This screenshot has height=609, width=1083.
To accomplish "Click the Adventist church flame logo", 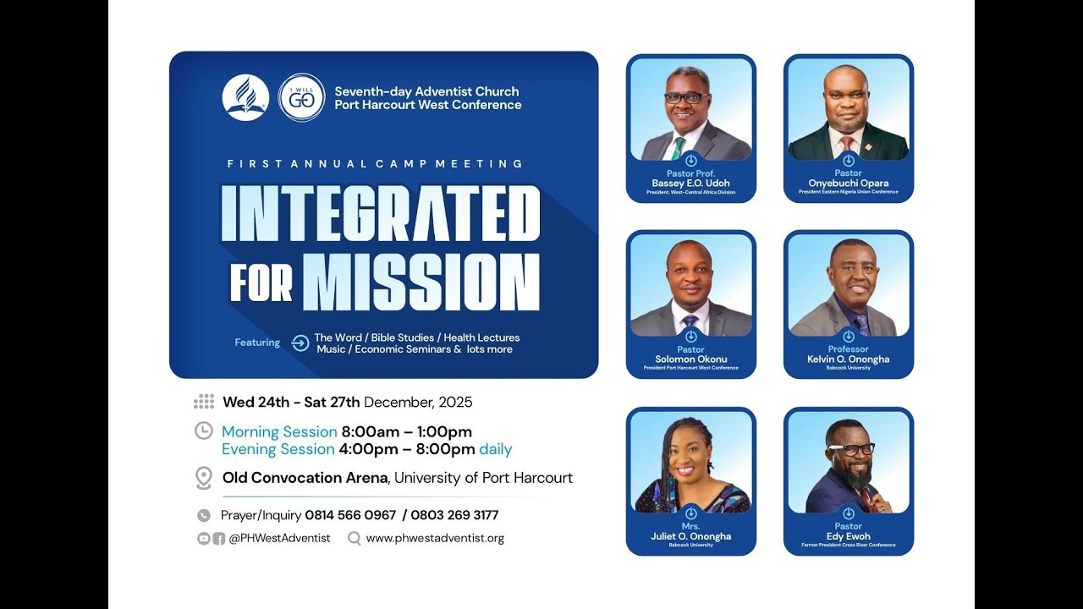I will [245, 98].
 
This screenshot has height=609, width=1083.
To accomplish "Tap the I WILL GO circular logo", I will [301, 98].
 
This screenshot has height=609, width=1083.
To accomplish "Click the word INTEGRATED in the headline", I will [380, 214].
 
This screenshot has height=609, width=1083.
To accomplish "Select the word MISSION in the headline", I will [421, 283].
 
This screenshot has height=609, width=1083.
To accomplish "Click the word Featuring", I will [257, 343].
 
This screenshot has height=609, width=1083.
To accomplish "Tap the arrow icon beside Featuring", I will [300, 343].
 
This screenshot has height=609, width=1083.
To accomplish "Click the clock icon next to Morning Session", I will [203, 431].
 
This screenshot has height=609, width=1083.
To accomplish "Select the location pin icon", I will [203, 478].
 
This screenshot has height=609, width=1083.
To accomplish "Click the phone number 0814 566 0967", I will [350, 515].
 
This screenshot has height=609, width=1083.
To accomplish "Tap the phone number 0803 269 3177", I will [454, 515].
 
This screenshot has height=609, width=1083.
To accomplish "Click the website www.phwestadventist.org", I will [435, 538].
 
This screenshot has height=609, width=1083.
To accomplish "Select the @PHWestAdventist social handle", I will [279, 538].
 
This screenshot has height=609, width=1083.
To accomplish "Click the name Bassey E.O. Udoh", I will [690, 184].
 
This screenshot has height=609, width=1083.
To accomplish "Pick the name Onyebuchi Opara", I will [848, 184].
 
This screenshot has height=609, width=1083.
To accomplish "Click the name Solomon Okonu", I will [690, 359].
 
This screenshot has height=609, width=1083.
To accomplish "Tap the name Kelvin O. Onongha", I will [848, 359].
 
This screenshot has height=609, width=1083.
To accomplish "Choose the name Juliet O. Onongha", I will [690, 536].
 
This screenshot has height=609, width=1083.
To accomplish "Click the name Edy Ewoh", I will [848, 536].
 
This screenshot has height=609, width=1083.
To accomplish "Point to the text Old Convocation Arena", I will [305, 478].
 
